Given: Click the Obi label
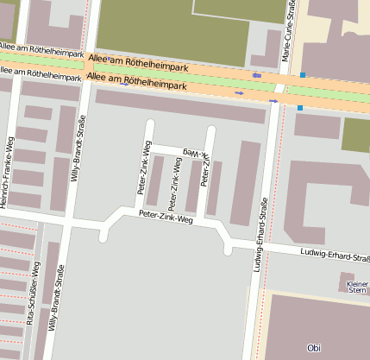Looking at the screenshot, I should [313, 347].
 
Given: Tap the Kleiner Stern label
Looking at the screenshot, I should [356, 287].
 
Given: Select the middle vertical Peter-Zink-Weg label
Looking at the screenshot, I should [175, 184].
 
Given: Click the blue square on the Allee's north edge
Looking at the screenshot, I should [303, 75].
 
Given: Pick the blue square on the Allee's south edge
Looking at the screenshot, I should [299, 108].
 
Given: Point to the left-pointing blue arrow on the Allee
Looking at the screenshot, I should [256, 76].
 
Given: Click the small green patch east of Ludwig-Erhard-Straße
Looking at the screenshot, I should [355, 135].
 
